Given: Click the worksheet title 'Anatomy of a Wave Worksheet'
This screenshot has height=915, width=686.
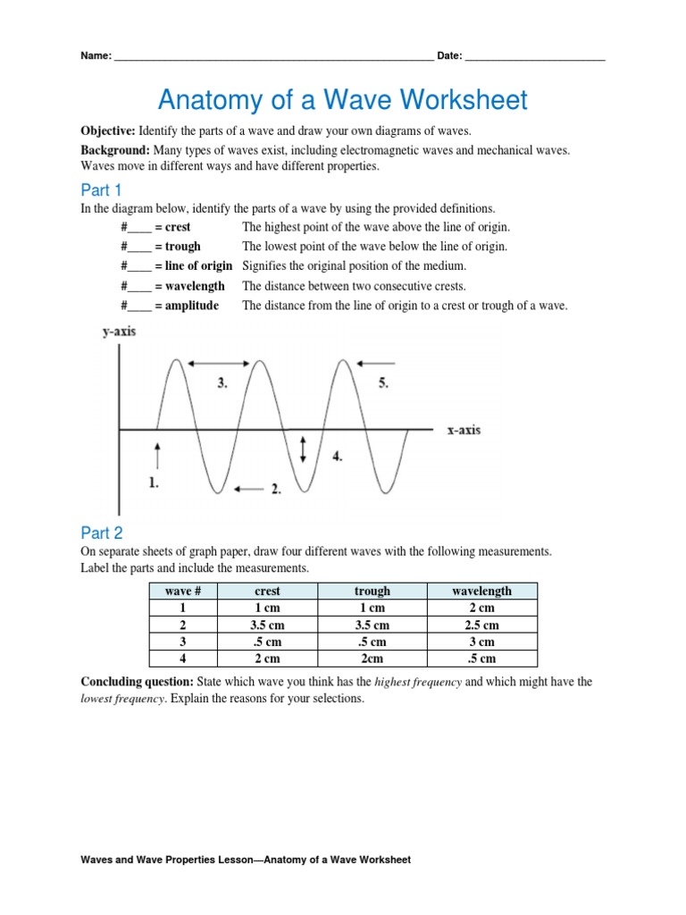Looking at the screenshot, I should (343, 99).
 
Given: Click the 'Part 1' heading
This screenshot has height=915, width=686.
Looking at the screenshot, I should (101, 189).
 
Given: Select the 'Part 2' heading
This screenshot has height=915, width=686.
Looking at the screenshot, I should (101, 533).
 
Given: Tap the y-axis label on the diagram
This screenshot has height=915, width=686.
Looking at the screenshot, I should (119, 332).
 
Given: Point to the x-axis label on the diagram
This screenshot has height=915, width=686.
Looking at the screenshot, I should (464, 430).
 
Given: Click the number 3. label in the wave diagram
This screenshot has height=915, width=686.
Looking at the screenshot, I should (222, 383).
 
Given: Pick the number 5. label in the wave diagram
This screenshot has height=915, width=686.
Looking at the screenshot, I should (383, 383).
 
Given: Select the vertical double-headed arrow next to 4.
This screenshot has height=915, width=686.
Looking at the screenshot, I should (305, 449).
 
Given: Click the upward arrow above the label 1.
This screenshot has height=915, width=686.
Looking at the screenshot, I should (157, 454).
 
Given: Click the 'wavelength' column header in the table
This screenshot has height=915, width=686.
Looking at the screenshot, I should (481, 591).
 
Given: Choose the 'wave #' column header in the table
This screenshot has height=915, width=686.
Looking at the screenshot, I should (183, 591).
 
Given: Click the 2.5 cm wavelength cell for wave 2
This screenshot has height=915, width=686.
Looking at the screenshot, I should (481, 625).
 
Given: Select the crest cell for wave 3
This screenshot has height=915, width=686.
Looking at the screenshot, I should (267, 642).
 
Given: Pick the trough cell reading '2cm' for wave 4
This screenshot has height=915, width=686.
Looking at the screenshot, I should (372, 659).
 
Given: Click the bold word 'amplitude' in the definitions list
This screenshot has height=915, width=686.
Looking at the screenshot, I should (192, 306).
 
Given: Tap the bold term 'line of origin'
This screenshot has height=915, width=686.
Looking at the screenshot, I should (198, 265).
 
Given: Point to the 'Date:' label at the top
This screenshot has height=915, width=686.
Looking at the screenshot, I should (449, 55).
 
